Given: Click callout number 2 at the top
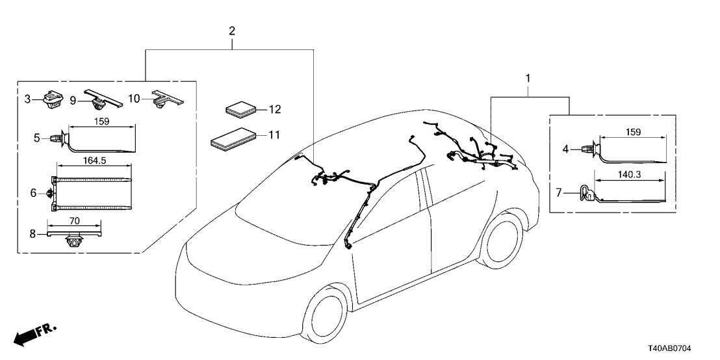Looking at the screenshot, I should tap(232, 31).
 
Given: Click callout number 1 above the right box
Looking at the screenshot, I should tap(528, 79).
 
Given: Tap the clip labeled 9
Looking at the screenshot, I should tap(99, 101).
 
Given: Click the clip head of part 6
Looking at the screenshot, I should tap(51, 194).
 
